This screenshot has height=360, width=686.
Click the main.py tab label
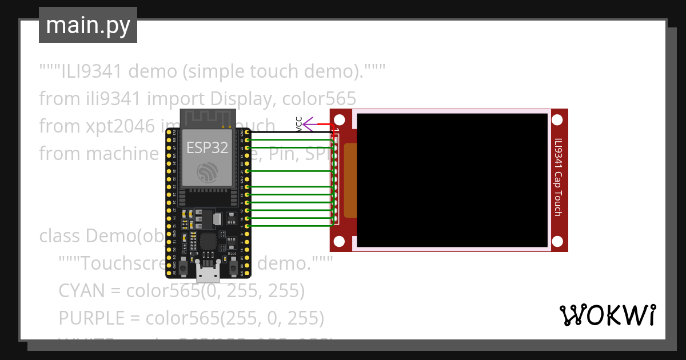click(x=87, y=25)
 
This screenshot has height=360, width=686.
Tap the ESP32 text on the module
click(x=207, y=147)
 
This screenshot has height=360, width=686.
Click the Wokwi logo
click(x=607, y=315)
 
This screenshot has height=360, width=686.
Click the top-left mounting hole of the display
click(x=340, y=120)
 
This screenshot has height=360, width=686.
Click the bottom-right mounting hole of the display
click(x=559, y=241)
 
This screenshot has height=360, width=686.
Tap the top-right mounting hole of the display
click(x=559, y=120)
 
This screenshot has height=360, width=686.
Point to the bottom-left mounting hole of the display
click(x=340, y=241)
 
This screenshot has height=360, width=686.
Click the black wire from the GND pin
click(x=286, y=132)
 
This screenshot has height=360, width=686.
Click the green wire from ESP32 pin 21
click(x=286, y=171)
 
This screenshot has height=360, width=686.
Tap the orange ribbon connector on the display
click(x=350, y=180)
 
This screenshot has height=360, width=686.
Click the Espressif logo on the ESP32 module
click(x=206, y=173)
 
